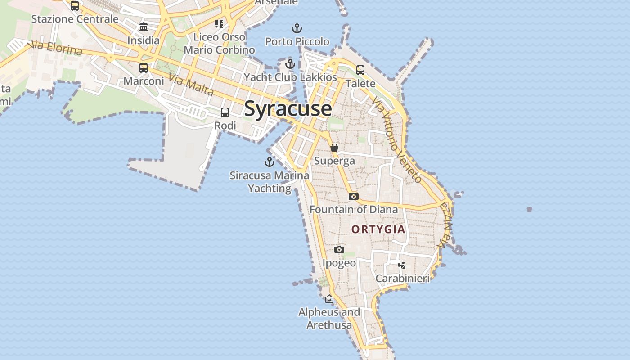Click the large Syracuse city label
[x=288, y=109]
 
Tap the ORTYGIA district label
[x=378, y=229]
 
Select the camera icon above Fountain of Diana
[x=354, y=196]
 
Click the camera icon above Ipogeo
[x=339, y=249]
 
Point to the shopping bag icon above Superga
[x=334, y=148]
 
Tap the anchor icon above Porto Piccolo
[x=297, y=29]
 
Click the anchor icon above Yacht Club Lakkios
[x=290, y=64]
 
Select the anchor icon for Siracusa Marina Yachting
[x=269, y=162]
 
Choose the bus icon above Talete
[x=360, y=70]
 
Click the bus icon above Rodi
[x=225, y=112]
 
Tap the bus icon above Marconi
[x=144, y=68]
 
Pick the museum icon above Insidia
[x=144, y=27]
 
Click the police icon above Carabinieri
[x=402, y=265]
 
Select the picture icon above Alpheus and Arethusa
[x=329, y=298]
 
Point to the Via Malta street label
[x=191, y=84]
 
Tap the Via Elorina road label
[x=55, y=48]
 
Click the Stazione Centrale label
[x=75, y=19]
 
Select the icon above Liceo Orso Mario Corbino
[x=219, y=23]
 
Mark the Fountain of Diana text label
[x=354, y=209]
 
